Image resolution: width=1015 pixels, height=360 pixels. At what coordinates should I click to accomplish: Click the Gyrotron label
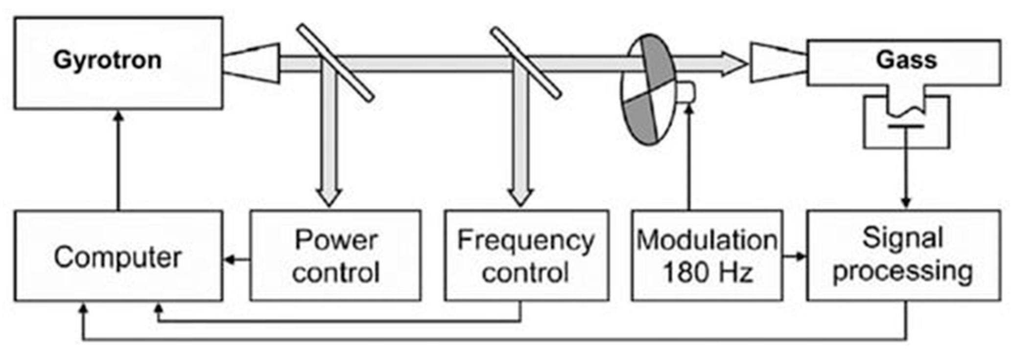tap(107, 60)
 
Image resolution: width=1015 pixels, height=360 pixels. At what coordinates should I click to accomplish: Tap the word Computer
tap(118, 257)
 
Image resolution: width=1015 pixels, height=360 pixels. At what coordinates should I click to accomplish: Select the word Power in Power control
tap(336, 240)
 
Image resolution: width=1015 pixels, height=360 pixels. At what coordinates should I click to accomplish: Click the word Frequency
tap(525, 240)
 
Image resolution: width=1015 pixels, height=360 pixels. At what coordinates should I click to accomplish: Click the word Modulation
tap(707, 240)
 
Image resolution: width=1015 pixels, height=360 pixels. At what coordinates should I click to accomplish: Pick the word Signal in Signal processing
tap(902, 238)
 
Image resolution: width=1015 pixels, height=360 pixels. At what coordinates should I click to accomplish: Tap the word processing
tap(902, 271)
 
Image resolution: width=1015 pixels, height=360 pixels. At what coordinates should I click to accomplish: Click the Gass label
tap(906, 60)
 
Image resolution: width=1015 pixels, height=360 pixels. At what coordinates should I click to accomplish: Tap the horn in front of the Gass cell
tap(778, 63)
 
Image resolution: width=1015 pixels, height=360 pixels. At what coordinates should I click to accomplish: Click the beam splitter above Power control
tap(336, 63)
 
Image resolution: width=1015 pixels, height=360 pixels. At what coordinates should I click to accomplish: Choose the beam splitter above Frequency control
tap(526, 63)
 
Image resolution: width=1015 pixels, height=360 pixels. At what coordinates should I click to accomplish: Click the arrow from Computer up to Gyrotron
tap(118, 162)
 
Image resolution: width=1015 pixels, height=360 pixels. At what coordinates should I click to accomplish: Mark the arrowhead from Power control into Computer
tap(228, 260)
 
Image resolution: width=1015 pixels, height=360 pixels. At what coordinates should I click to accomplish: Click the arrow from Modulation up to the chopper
tap(689, 157)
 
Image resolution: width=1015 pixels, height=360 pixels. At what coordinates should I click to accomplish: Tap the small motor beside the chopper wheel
tap(686, 92)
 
